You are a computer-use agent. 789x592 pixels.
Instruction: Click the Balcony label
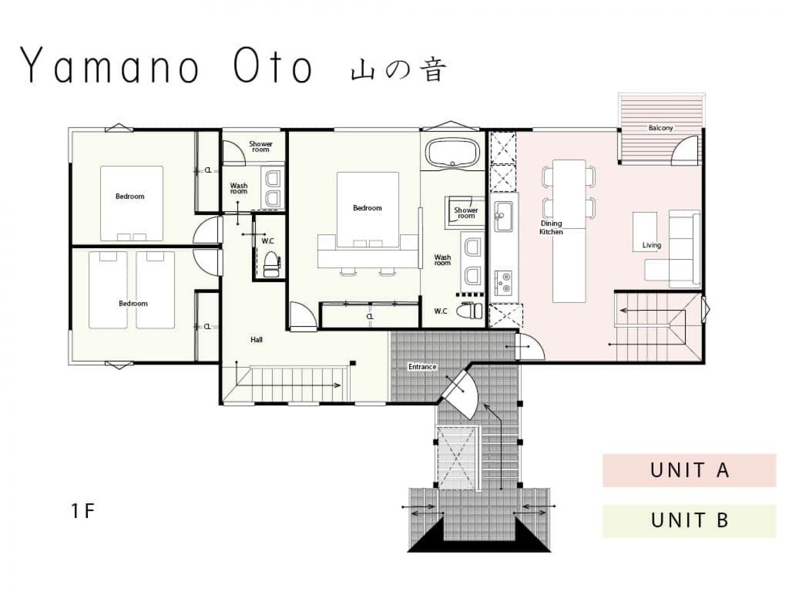(660, 128)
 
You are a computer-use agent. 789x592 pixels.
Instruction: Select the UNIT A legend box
(689, 470)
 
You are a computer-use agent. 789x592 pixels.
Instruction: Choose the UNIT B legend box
(689, 520)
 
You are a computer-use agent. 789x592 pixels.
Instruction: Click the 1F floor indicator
(82, 511)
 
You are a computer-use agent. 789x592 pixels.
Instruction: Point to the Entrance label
(422, 367)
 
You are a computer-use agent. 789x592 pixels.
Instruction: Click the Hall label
(256, 339)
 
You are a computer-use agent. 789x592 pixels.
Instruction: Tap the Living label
(651, 245)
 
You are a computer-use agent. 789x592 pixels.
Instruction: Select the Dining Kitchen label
(551, 227)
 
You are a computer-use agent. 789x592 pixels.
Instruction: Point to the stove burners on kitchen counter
(503, 283)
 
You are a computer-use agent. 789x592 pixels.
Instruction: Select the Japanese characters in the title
(398, 71)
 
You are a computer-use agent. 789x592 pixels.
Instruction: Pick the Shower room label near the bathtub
(466, 213)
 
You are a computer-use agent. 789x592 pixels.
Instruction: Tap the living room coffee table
(645, 232)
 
